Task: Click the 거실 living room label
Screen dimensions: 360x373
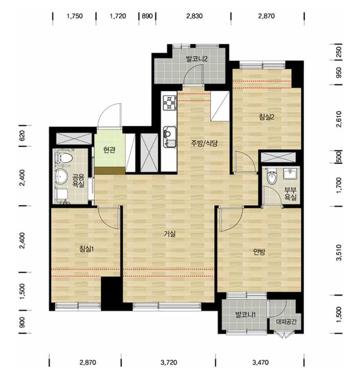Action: tap(170, 234)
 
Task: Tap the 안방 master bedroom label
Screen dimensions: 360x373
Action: tap(259, 252)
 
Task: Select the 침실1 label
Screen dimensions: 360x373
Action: tap(86, 249)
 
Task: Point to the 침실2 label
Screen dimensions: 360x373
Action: tap(266, 117)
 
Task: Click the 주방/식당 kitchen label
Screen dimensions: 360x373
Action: tap(204, 143)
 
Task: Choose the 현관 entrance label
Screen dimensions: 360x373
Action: tap(109, 149)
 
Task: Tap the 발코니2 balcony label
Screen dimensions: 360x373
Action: tap(197, 58)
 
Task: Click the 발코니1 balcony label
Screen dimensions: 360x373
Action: tap(245, 315)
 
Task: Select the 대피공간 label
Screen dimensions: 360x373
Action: tap(286, 322)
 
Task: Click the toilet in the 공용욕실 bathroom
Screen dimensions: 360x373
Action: tap(64, 157)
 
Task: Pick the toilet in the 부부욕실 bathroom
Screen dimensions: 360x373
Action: tap(272, 177)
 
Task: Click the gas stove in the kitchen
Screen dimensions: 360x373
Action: tap(169, 102)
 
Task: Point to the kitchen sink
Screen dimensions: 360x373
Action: tap(170, 137)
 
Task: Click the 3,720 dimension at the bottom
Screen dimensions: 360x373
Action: tap(169, 362)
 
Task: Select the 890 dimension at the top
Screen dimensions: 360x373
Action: tap(147, 16)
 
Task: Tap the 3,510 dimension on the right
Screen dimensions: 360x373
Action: tap(339, 253)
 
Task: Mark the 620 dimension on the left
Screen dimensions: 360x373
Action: tap(22, 136)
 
